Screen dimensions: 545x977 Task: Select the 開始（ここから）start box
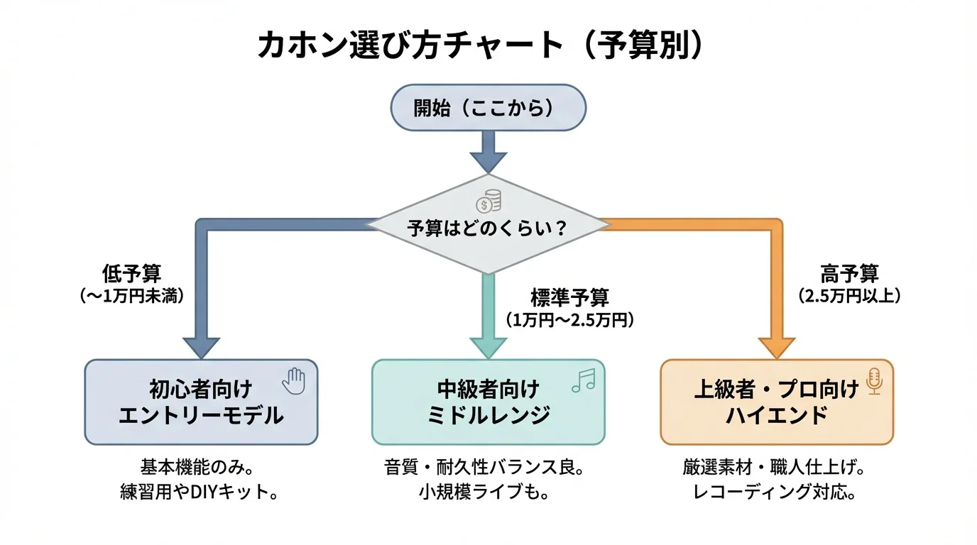point(488,108)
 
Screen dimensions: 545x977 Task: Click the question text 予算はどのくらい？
point(488,229)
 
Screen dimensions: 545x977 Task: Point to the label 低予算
point(131,274)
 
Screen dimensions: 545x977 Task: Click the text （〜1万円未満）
point(131,297)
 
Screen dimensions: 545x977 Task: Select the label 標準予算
point(569,297)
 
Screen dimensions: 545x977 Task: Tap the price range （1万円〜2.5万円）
point(569,320)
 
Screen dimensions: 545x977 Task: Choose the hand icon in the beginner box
point(293,381)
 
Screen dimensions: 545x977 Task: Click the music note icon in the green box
point(583,382)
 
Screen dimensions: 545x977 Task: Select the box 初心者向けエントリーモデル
point(201,402)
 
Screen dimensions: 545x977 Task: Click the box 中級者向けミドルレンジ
point(488,402)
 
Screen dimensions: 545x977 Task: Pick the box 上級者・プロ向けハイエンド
point(777,402)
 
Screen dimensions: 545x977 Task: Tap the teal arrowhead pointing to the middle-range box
point(488,347)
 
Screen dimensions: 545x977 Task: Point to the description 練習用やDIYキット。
point(200,492)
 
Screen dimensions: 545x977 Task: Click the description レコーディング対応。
point(774,492)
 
